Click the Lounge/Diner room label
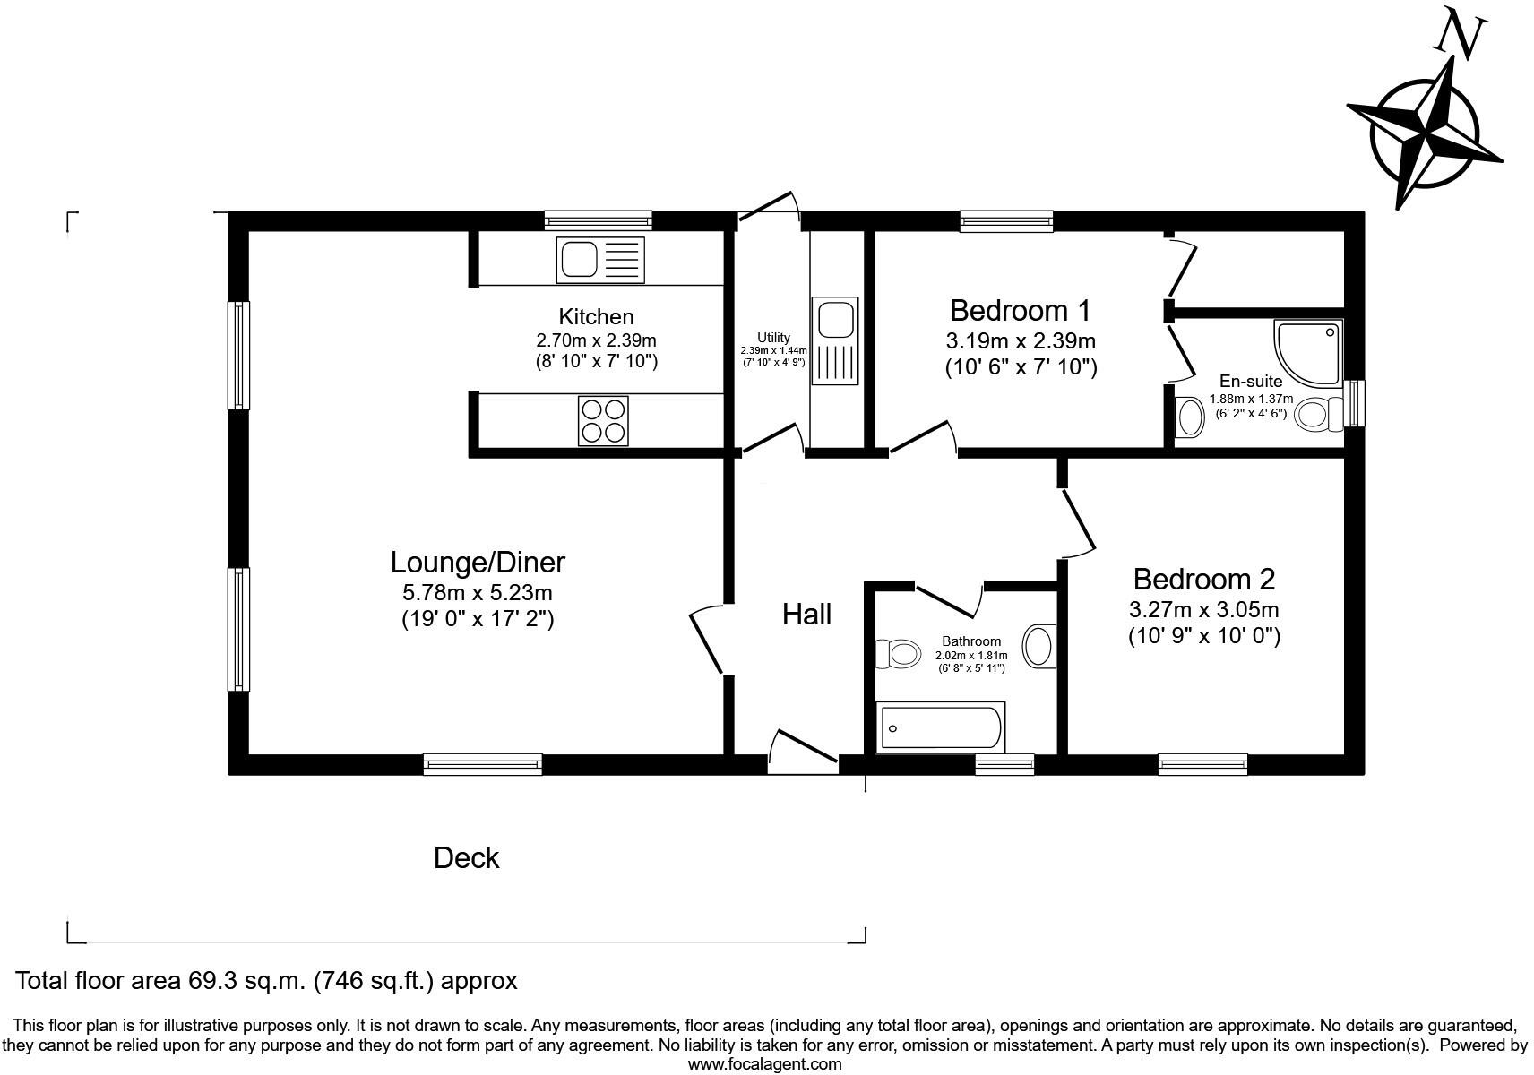point(478,562)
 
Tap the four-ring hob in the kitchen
point(602,420)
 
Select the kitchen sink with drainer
point(599,260)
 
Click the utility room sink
point(834,341)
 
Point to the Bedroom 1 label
point(1020,311)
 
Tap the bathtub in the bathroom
point(939,727)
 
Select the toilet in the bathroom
point(899,654)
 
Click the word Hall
point(806,615)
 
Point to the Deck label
point(466,858)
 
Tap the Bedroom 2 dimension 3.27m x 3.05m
point(1203,610)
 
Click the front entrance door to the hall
point(803,752)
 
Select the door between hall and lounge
point(707,638)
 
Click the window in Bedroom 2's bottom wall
point(1202,764)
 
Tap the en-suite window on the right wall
point(1355,404)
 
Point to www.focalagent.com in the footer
point(764,1064)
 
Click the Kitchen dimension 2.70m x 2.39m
point(596,340)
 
